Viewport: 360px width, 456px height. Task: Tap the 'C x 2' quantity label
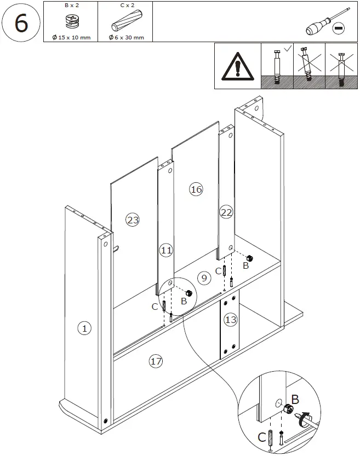coord(124,5)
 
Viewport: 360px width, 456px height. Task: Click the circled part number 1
coord(84,328)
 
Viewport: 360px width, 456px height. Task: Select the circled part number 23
coord(132,220)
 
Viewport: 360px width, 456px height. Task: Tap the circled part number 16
coord(196,189)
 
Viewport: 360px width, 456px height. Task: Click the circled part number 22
coord(226,212)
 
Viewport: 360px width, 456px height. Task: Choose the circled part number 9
coord(204,278)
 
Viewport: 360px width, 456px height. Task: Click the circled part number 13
coord(231,320)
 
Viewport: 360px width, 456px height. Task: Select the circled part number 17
coord(156,361)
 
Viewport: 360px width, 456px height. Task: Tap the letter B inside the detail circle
coord(295,400)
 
